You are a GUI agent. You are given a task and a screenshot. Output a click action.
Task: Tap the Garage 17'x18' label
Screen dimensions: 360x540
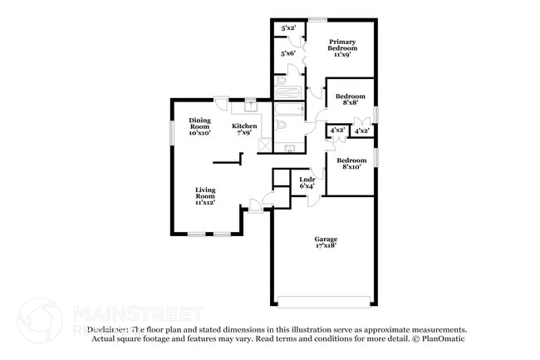(326, 243)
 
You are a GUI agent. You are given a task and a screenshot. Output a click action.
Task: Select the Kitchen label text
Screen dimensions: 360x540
(244, 129)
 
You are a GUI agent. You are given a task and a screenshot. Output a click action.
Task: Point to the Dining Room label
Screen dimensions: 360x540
(199, 126)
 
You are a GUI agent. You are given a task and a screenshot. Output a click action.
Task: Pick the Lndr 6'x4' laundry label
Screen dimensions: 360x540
(307, 182)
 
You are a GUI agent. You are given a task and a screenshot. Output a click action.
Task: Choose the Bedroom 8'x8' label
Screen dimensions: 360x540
(350, 101)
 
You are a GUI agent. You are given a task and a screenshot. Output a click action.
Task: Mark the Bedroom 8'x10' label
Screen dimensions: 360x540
(350, 163)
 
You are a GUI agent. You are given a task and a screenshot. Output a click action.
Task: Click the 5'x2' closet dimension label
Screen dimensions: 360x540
(289, 28)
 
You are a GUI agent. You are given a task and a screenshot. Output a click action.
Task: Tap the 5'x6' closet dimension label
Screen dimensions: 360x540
(289, 54)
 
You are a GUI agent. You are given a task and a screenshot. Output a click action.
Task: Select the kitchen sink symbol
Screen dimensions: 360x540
(250, 106)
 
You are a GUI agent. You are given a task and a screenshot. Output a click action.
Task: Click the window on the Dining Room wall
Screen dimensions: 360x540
(172, 131)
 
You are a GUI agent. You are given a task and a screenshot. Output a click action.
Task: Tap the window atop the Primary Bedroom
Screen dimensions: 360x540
(317, 18)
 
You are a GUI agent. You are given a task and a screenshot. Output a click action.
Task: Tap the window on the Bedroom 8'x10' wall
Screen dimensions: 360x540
(376, 156)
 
